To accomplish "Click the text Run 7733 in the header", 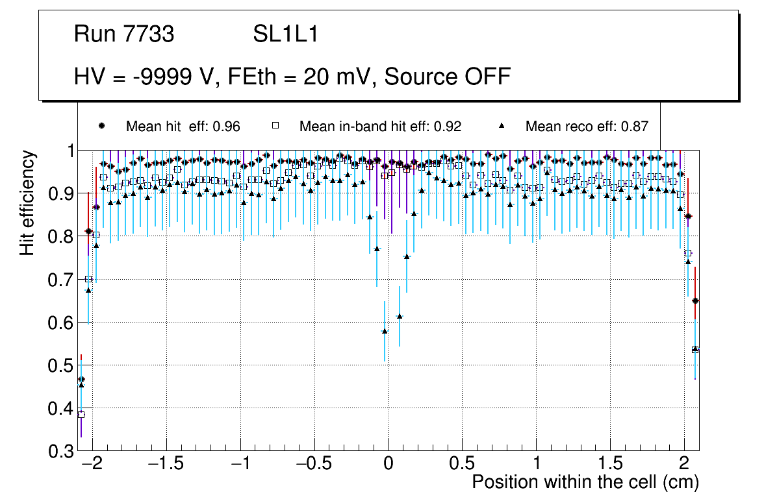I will pos(124,34).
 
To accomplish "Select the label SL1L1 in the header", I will pos(285,34).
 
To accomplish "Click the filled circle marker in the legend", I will pos(100,126).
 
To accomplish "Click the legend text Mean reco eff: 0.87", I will pos(587,127).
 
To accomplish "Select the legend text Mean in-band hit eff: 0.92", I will pos(380,127).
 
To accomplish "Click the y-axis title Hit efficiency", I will pos(27,202).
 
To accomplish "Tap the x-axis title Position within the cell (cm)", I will pos(585,482).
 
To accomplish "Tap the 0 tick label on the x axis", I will pos(388,465).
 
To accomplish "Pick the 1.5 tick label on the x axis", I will pos(610,465).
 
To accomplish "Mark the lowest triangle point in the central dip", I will pos(385,331).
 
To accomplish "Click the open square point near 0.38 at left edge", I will pos(81,414).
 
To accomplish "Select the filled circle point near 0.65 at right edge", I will pos(695,300).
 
